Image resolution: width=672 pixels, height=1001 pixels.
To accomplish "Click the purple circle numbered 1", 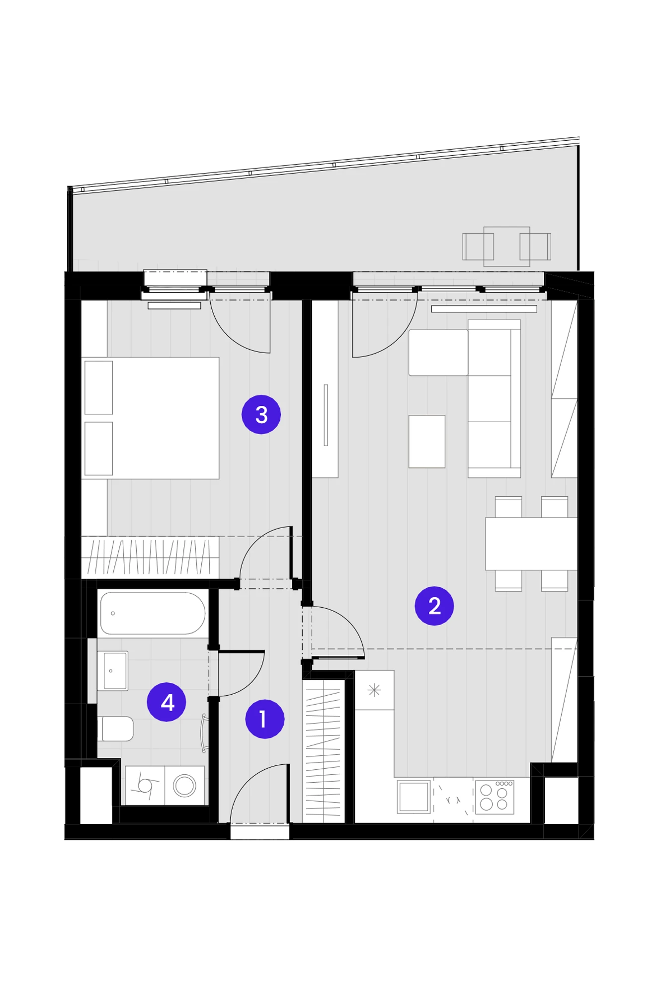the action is (x=264, y=719).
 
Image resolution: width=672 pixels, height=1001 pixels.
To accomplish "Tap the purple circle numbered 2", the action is (x=434, y=606).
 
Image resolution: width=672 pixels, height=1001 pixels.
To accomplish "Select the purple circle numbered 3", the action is (x=261, y=414).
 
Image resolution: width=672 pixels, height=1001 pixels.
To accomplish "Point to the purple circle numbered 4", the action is (x=167, y=702).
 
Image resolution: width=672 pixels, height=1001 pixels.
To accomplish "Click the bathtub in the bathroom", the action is (x=153, y=613).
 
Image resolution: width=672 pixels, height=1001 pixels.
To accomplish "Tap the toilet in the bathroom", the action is (x=115, y=728).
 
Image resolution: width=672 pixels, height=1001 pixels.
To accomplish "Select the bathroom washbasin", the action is (x=113, y=671).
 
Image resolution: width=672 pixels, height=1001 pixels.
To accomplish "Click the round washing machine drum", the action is (x=184, y=786).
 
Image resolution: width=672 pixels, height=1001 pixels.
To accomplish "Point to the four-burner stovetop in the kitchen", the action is (x=495, y=797).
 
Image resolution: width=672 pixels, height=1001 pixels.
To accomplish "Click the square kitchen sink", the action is (x=414, y=796).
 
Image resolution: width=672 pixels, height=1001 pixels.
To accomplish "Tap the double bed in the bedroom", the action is (x=150, y=418).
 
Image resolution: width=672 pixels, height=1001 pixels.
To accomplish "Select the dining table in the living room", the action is (x=531, y=544).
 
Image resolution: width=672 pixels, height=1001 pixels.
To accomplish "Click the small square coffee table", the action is (x=427, y=441).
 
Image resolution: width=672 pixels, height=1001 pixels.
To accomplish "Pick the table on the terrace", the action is (x=506, y=246).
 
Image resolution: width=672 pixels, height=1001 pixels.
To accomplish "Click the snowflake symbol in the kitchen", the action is (x=374, y=690).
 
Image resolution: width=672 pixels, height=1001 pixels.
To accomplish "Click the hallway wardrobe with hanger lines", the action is (x=323, y=751).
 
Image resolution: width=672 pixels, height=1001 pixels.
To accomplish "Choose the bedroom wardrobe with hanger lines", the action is (x=150, y=557).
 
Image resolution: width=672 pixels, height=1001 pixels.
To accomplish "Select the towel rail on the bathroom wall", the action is (x=204, y=733).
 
